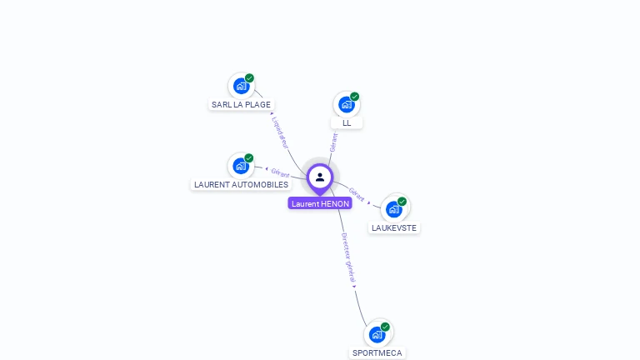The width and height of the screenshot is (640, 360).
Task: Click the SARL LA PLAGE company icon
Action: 241,86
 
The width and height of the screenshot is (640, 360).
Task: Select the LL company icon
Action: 347,105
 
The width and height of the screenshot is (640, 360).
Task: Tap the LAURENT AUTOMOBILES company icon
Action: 241,166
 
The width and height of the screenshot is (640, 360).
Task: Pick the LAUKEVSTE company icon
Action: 394,208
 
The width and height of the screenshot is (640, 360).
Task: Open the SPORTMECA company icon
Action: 377,334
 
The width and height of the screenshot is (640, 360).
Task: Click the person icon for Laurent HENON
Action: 320,177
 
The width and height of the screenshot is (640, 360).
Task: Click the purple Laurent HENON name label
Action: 320,203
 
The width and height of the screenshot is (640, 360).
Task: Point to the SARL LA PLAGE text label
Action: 241,105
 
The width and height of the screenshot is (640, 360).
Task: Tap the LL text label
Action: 347,123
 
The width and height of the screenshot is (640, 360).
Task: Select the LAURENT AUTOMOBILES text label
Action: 241,185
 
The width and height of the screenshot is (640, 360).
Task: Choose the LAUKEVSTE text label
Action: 394,227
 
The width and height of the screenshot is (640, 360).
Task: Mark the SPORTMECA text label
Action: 377,353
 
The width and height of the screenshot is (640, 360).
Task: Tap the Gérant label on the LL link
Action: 334,142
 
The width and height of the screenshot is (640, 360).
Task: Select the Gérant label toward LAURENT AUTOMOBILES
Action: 280,173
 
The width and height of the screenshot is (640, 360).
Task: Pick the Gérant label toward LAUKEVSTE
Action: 357,194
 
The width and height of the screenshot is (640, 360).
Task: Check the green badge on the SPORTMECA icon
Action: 385,327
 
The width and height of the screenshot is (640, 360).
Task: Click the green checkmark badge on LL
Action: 354,97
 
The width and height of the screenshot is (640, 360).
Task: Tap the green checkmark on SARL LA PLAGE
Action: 249,78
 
